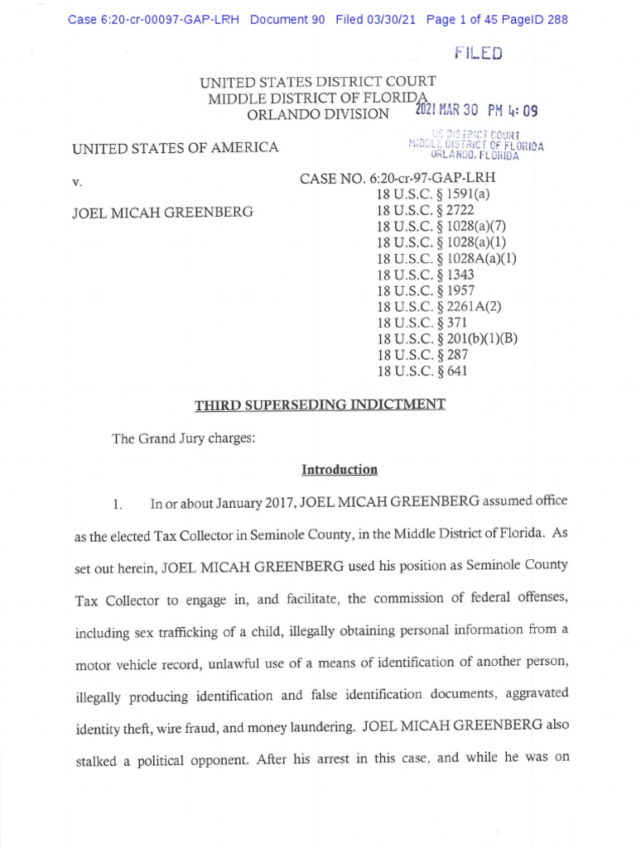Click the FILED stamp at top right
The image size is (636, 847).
click(479, 54)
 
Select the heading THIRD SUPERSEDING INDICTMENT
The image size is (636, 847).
click(320, 404)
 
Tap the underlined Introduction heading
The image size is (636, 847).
click(340, 470)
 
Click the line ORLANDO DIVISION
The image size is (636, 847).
click(313, 114)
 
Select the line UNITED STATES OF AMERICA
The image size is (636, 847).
click(175, 149)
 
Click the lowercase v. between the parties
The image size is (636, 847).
click(77, 179)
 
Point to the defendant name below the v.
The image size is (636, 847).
click(162, 212)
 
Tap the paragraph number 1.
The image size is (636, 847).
click(118, 503)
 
